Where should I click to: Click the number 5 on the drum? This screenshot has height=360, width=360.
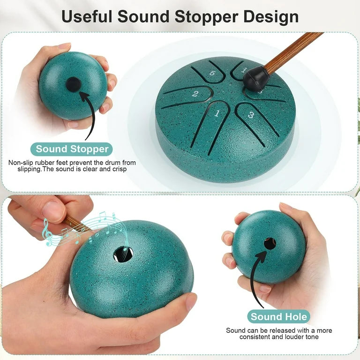[x=213, y=73]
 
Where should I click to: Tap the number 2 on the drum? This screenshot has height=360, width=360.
[x=195, y=93]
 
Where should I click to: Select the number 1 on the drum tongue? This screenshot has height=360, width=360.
[x=217, y=113]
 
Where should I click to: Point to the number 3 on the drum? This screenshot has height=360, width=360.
[x=251, y=115]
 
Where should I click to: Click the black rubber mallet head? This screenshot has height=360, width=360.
[x=254, y=78]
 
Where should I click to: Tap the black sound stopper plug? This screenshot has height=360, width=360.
[x=74, y=84]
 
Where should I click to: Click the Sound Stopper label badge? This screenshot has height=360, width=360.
[x=72, y=149]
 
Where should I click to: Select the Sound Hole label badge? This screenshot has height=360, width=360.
[x=279, y=316]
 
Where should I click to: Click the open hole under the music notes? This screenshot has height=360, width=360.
[x=123, y=254]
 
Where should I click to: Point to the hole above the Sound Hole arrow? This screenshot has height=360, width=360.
[x=270, y=244]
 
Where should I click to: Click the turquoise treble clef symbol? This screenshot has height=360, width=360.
[x=47, y=232]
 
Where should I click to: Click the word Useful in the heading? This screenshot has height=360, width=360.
[x=87, y=16]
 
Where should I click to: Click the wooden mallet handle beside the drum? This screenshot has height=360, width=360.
[x=293, y=52]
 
